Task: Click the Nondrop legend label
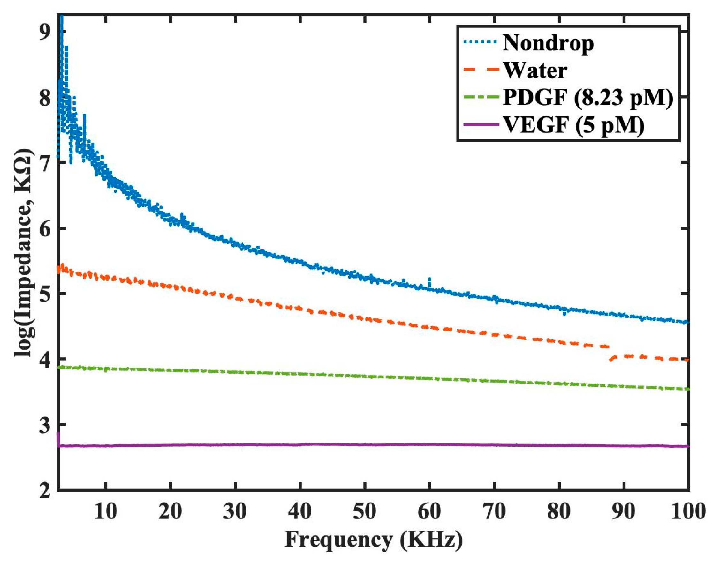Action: (548, 44)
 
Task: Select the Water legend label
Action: (535, 71)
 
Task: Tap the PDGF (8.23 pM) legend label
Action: (587, 98)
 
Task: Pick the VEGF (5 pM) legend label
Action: (573, 125)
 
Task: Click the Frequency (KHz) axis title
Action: (374, 540)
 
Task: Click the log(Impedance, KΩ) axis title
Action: (24, 252)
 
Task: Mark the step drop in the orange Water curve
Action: (610, 357)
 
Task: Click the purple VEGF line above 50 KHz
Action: (365, 444)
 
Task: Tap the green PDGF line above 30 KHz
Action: (235, 372)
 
